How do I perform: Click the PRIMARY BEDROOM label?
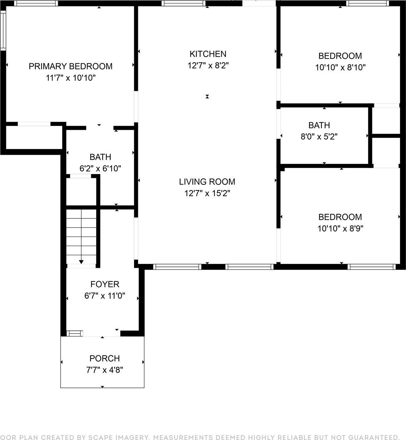pos(70,66)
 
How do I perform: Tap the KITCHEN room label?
pos(208,54)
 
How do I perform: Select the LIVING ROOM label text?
pos(207,182)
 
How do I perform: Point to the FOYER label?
pos(105,284)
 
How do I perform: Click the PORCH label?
pos(104,358)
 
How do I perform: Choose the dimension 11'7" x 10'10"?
pos(71,78)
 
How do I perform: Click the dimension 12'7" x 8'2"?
pos(208,65)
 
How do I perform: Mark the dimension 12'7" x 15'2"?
pos(207,193)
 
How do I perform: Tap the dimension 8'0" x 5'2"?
pos(319,137)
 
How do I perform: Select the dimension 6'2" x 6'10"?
pos(100,168)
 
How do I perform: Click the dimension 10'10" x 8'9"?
pos(340,229)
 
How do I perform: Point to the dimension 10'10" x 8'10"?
pos(340,67)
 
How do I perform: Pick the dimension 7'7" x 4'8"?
pos(104,370)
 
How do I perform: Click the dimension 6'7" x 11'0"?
pos(105,296)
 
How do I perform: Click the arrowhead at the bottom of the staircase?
pos(81,261)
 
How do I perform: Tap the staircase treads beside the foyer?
pos(81,235)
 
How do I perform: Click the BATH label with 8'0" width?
pos(319,125)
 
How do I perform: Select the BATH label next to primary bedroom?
pos(100,157)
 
